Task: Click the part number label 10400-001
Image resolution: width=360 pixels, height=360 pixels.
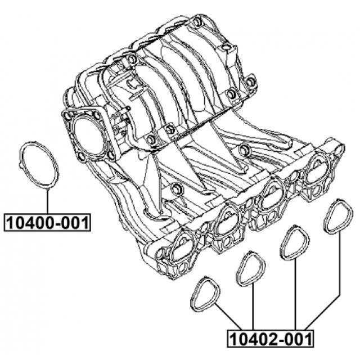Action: [x=47, y=223]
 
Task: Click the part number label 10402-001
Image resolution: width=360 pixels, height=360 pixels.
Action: [x=270, y=339]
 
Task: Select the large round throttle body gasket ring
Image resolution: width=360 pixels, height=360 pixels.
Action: [x=39, y=165]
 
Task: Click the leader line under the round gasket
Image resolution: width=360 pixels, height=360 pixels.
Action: [x=47, y=201]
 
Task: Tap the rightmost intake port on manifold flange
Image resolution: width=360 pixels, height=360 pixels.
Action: [x=317, y=170]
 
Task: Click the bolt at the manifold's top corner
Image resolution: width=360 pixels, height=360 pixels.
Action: [x=196, y=21]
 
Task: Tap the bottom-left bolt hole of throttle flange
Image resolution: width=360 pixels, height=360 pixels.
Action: [x=81, y=156]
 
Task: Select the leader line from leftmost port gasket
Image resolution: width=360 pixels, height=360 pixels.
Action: [x=228, y=317]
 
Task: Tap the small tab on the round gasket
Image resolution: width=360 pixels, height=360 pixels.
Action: [x=20, y=164]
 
